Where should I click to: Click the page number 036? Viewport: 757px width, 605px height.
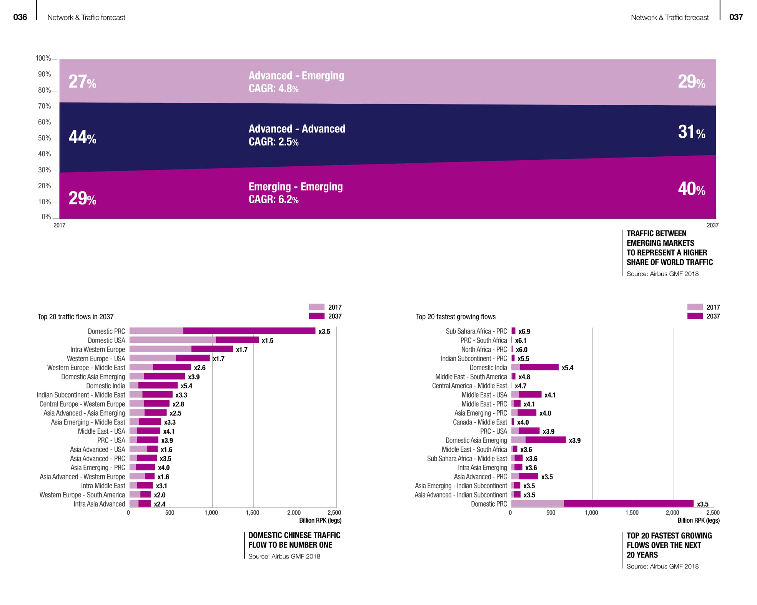click(20, 17)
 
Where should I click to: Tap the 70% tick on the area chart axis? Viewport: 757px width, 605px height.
click(44, 106)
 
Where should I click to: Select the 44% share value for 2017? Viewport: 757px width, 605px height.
click(82, 137)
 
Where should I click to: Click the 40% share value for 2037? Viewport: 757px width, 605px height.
click(691, 189)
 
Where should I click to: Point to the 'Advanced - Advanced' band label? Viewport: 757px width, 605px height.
click(297, 129)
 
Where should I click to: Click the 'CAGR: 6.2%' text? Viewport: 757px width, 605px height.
click(273, 199)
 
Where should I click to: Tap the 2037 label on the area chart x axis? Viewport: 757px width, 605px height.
click(712, 225)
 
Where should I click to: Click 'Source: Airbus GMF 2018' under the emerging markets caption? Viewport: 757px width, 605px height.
click(662, 274)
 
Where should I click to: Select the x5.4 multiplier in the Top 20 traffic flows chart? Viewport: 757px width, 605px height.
click(186, 386)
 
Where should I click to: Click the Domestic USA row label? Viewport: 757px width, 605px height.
click(106, 340)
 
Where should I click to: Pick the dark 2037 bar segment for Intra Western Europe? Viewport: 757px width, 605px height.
click(212, 349)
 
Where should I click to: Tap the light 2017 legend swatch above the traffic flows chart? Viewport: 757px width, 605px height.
click(317, 307)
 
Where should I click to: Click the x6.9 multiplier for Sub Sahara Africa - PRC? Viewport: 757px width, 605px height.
click(524, 332)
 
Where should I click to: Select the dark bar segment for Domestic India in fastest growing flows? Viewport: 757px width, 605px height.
click(539, 368)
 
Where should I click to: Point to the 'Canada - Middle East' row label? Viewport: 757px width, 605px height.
click(480, 422)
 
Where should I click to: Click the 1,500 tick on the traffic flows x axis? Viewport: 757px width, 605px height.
click(252, 513)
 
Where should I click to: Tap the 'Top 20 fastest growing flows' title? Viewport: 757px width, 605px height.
click(456, 317)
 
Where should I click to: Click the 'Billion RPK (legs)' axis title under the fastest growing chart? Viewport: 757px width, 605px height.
click(698, 520)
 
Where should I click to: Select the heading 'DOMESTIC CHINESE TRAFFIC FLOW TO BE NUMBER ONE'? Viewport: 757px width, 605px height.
click(294, 540)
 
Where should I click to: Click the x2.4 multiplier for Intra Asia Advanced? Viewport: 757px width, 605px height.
click(160, 504)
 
